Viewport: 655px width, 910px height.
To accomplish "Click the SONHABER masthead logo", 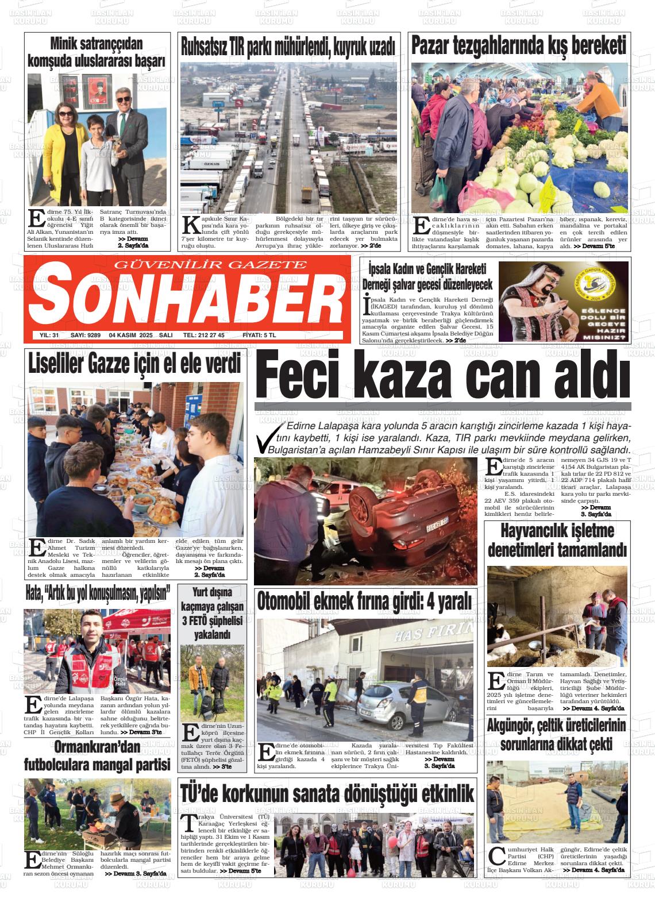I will (x=187, y=297).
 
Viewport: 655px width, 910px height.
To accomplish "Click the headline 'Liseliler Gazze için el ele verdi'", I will (x=134, y=364).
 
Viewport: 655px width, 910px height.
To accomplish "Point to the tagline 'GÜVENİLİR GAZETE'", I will (x=211, y=265).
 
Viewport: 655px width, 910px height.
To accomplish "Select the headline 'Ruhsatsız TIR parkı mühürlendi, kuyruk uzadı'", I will (x=288, y=47).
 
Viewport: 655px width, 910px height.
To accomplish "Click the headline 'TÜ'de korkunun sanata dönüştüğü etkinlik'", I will (x=327, y=793).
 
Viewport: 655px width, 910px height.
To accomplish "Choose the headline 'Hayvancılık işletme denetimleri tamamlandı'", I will (x=557, y=541).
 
